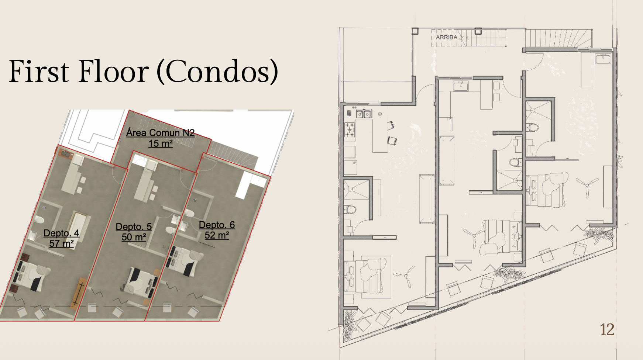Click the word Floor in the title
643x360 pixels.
click(114, 71)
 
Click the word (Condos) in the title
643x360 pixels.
click(217, 71)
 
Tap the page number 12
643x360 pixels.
click(607, 329)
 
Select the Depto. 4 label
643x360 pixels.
click(61, 233)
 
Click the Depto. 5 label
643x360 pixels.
click(134, 227)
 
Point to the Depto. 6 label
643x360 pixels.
click(217, 225)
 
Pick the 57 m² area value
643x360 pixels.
click(62, 243)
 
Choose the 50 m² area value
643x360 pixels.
click(134, 237)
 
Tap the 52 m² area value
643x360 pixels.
click(217, 235)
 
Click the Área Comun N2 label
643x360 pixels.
click(160, 133)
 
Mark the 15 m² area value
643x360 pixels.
click(161, 143)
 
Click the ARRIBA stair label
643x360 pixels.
click(446, 37)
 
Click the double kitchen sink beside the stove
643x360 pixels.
click(364, 114)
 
